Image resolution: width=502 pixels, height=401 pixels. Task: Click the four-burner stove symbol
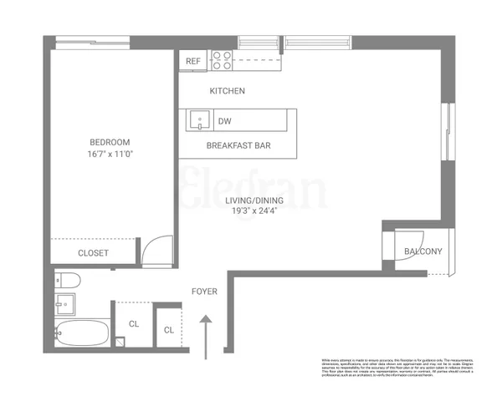[x=222, y=60]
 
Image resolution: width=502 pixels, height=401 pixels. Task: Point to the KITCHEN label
[x=227, y=91]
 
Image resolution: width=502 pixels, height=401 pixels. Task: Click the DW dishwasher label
[x=224, y=122]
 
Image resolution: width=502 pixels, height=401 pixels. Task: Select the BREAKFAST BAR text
[x=238, y=146]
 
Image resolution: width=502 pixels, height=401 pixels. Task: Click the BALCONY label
[x=423, y=251]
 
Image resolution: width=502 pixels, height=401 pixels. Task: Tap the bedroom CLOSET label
[x=93, y=252]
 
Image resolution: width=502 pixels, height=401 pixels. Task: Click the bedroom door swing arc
[x=156, y=249]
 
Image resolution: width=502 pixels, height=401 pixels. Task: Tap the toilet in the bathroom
[x=65, y=280]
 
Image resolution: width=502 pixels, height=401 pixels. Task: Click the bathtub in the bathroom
[x=81, y=332]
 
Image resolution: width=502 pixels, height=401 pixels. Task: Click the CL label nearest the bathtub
[x=133, y=324]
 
